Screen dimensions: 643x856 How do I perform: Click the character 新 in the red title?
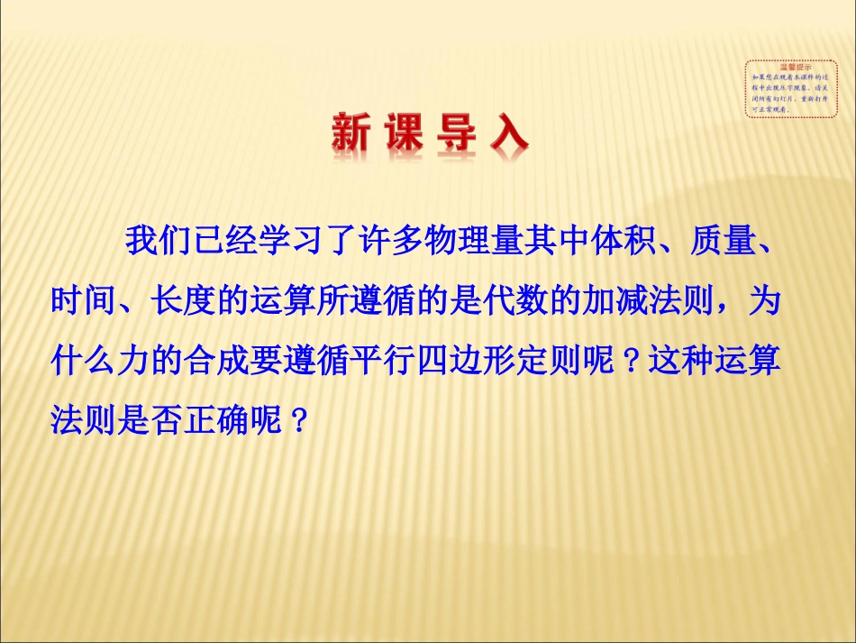pos(351,135)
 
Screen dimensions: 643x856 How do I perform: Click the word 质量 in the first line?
pos(709,243)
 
